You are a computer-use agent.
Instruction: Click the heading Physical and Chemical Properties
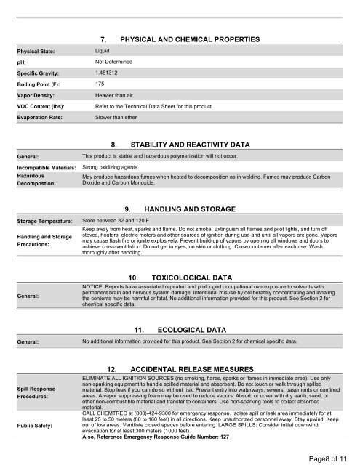tap(185, 37)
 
